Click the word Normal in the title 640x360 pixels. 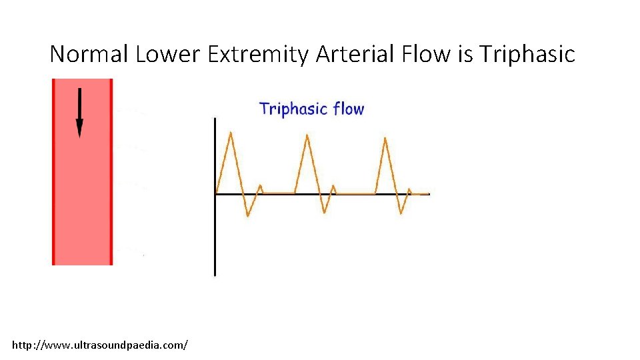[89, 54]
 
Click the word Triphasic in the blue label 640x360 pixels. [293, 109]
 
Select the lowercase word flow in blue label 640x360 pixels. [349, 109]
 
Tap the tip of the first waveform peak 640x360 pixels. [231, 133]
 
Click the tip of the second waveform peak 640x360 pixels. [307, 135]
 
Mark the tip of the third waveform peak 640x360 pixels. [385, 138]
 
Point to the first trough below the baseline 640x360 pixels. [248, 215]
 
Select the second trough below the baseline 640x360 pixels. [324, 213]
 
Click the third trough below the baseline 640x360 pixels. [401, 213]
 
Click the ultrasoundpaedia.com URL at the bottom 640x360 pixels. [100, 345]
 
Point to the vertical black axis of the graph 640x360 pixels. [215, 233]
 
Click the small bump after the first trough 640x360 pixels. [260, 186]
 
